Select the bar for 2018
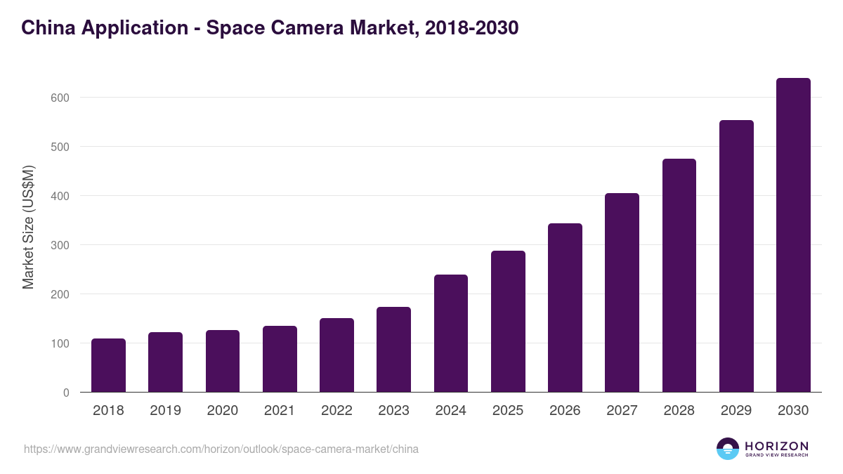[x=108, y=365]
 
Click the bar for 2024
[x=451, y=334]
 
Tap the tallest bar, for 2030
[x=793, y=235]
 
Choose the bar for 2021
[x=280, y=359]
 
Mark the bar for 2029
[x=736, y=256]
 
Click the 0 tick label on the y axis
[x=66, y=393]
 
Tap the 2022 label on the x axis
[x=336, y=411]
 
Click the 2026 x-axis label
[x=565, y=411]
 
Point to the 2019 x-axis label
[x=165, y=411]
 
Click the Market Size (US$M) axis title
[x=28, y=227]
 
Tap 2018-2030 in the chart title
[x=470, y=27]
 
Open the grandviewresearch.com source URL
[x=221, y=449]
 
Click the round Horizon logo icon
[x=728, y=449]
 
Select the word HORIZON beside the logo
[x=776, y=445]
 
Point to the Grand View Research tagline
[x=776, y=455]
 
